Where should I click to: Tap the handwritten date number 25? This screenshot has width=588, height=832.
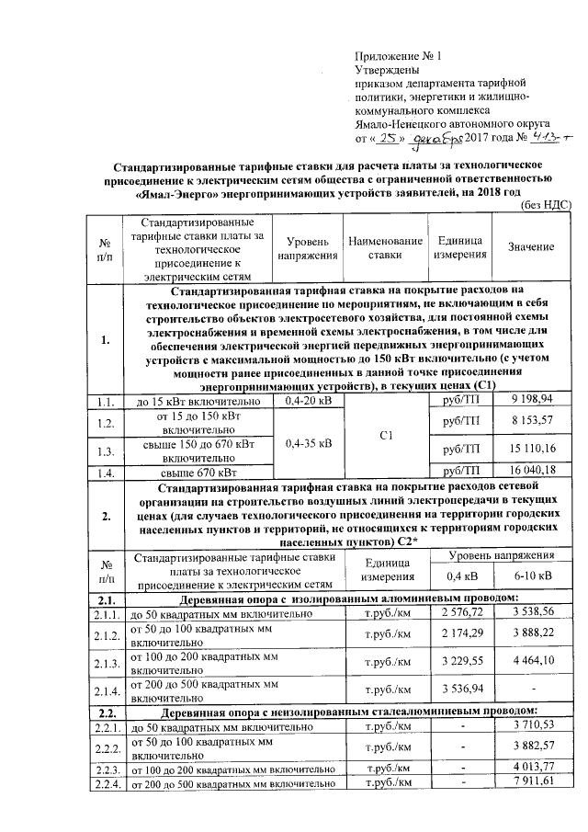coord(390,139)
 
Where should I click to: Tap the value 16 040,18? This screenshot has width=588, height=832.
coord(534,470)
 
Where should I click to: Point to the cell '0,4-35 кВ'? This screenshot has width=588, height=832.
coord(309,442)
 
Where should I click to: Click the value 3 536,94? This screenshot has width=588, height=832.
coord(462,689)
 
